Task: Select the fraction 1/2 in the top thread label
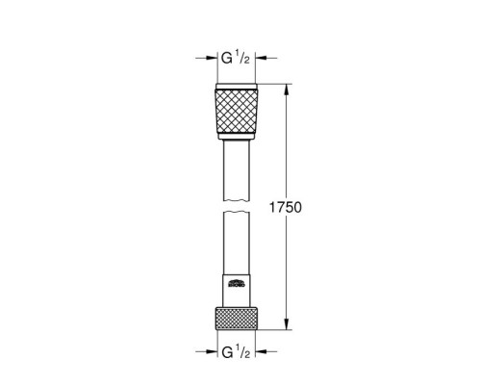click(245, 60)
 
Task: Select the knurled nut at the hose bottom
click(238, 317)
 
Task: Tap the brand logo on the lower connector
click(238, 283)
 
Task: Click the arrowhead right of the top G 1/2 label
click(262, 60)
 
